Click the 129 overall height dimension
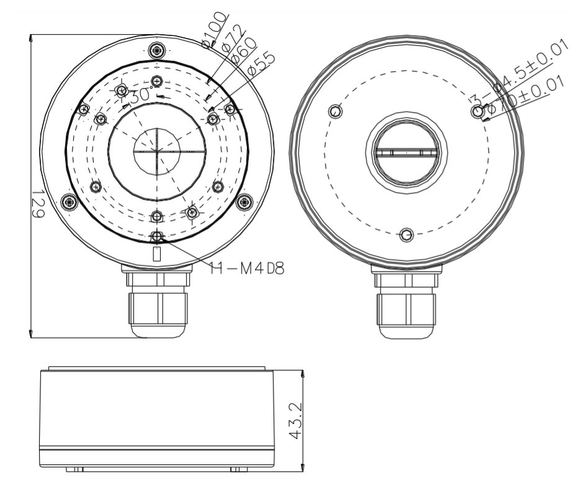point(37,203)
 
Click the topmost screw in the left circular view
point(158,50)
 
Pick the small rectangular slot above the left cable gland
point(157,254)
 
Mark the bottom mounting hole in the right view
point(406,235)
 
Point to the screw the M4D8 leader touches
point(158,236)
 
